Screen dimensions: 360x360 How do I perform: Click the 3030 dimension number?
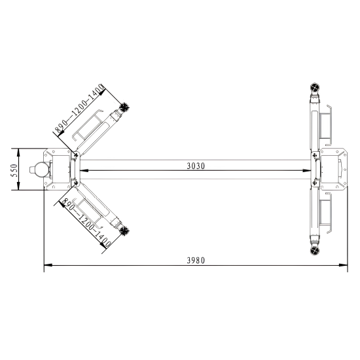(x=196, y=166)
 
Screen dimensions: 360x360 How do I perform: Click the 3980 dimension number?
(x=196, y=261)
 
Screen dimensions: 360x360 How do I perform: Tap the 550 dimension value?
(x=14, y=170)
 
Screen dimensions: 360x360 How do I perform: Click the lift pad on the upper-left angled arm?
(x=125, y=107)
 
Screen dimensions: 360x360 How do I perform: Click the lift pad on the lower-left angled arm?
(x=124, y=231)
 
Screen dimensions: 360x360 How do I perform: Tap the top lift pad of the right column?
(x=315, y=87)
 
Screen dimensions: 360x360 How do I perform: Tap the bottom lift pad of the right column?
(x=315, y=251)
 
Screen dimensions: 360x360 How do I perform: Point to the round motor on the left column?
(x=41, y=170)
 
